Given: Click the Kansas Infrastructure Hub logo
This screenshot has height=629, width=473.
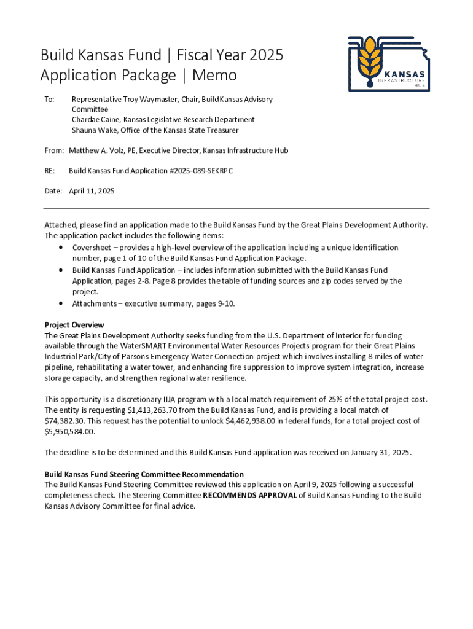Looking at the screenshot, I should tap(388, 63).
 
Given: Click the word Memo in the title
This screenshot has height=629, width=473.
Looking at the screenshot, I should tap(214, 76).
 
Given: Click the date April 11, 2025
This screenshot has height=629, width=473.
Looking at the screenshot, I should tap(92, 191).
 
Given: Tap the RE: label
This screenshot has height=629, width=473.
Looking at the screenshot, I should tap(50, 171).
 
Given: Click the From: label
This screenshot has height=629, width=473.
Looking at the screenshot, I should tap(54, 150).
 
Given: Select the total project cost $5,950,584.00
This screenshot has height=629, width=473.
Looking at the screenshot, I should tap(70, 432).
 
